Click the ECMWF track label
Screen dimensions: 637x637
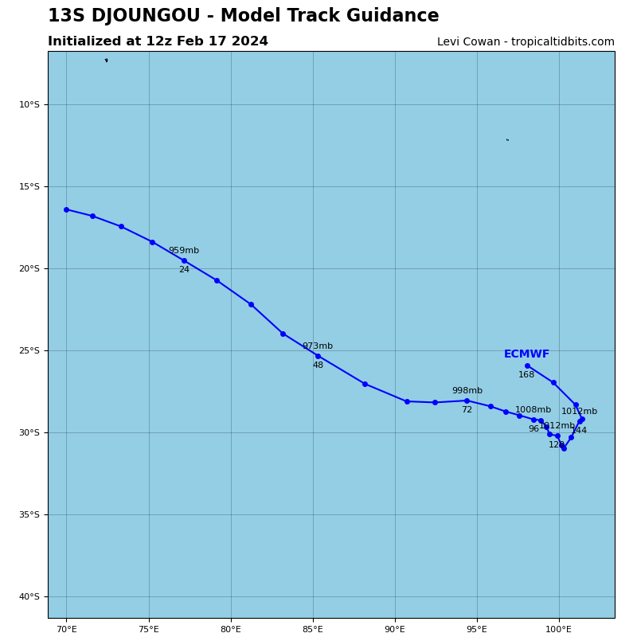click(526, 354)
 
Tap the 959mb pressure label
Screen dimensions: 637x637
click(184, 251)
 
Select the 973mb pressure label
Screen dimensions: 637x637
click(318, 346)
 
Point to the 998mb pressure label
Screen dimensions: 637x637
click(467, 391)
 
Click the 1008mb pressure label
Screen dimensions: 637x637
click(533, 410)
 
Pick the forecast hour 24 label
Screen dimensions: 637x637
click(184, 270)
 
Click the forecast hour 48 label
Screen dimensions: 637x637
click(318, 365)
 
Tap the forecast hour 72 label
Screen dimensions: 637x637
click(467, 410)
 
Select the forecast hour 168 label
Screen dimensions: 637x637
click(526, 375)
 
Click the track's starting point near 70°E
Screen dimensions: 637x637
click(66, 209)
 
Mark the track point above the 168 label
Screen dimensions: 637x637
click(527, 365)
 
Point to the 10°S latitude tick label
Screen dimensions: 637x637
click(29, 104)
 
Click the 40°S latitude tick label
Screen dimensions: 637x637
click(29, 596)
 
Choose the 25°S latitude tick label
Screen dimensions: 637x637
click(29, 350)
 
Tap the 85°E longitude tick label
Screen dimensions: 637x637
click(313, 630)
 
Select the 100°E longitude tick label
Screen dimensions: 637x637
click(559, 630)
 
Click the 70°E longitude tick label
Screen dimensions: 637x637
click(66, 630)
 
